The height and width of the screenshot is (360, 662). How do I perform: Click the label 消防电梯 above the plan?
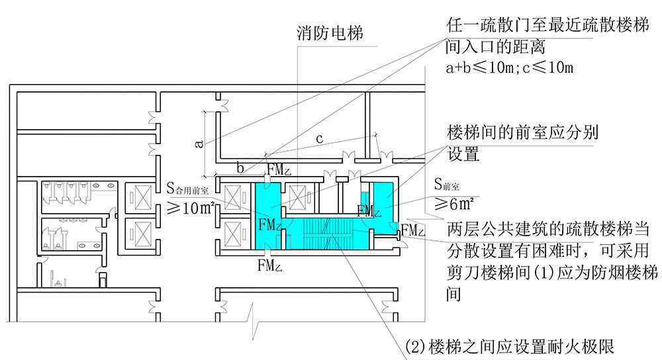(330, 33)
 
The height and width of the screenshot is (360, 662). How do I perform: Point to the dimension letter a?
(199, 144)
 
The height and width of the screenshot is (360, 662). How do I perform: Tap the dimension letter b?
(240, 168)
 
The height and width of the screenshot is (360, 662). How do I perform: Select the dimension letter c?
(320, 138)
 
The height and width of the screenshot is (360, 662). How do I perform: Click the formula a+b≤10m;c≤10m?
(510, 67)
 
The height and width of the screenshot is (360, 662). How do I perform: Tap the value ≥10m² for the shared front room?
(191, 207)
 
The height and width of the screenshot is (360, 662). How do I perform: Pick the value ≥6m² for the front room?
(454, 204)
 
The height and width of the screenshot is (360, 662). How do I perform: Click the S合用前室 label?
(187, 189)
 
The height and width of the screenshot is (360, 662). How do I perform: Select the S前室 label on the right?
(447, 184)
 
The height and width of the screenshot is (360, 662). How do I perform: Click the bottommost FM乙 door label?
(270, 265)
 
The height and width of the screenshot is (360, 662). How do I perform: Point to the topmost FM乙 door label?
(279, 169)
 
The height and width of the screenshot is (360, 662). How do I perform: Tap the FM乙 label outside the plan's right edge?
(413, 230)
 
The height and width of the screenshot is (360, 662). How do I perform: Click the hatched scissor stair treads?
(325, 232)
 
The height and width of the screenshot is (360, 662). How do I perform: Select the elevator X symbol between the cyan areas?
(297, 197)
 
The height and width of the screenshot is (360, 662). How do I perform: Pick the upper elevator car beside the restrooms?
(140, 197)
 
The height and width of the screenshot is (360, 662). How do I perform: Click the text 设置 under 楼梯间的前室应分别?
(463, 154)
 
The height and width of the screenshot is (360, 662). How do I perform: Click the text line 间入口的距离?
(495, 46)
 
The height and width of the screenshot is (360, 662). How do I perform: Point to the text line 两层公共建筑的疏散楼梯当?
(548, 228)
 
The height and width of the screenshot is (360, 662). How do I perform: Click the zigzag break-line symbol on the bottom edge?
(253, 321)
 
